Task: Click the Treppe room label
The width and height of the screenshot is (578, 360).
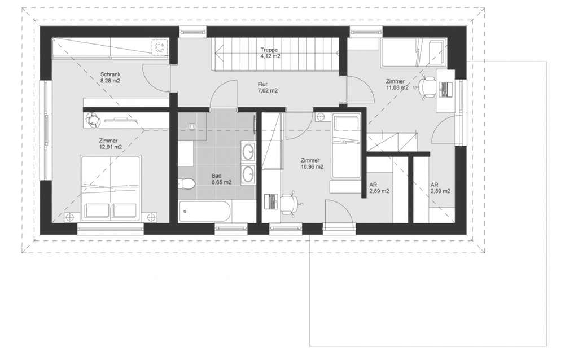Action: coord(269,50)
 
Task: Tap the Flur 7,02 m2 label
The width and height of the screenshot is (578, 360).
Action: coord(268,87)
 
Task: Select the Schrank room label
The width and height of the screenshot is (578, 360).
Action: coord(110,74)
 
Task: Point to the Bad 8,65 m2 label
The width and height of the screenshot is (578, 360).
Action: coord(221,179)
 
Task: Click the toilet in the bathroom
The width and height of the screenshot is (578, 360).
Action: coord(186,183)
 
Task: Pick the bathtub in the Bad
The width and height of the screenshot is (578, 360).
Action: coord(204,212)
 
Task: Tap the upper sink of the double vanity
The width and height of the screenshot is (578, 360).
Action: coord(248,151)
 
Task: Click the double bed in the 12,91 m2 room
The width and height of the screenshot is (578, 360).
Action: coord(111,188)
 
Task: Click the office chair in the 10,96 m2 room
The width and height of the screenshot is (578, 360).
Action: coord(291,203)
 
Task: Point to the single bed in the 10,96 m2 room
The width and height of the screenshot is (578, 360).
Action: coord(346,147)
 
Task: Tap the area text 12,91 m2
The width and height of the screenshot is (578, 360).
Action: coord(110,147)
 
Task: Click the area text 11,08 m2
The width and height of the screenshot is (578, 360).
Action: coord(397,87)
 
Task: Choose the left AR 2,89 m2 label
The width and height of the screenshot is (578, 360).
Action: coord(379,188)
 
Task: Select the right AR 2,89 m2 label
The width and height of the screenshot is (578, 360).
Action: coord(440,188)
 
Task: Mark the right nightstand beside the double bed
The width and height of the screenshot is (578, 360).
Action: coord(151,217)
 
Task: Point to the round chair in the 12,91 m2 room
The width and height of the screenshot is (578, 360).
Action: coord(92,120)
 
